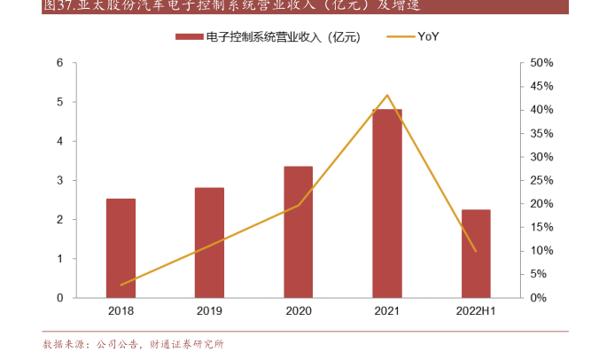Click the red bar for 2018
point(121,248)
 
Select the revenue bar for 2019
point(209,243)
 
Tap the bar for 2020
point(298,231)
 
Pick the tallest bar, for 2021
point(386,203)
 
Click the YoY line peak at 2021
point(387,95)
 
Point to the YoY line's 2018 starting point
point(121,285)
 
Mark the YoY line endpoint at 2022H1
point(476,251)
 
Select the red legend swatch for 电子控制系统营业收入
point(188,36)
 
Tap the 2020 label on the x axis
point(298,312)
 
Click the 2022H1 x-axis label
point(476,312)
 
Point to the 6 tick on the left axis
point(59,63)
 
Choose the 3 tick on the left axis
point(59,180)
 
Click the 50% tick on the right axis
point(541,63)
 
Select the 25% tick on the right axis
point(541,180)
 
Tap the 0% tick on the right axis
point(539,298)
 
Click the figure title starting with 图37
point(230,6)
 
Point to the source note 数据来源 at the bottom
point(133,344)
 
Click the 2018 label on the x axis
point(121,312)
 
